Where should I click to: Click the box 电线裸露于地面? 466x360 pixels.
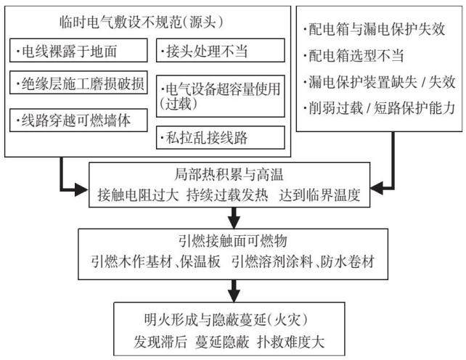(x=78, y=50)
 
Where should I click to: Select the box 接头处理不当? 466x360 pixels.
(x=220, y=50)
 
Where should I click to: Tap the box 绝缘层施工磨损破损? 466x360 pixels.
(x=78, y=82)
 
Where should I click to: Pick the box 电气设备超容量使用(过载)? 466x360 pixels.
(x=220, y=96)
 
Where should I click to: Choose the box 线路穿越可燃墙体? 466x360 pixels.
(x=78, y=120)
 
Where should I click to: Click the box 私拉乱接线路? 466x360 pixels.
(x=220, y=137)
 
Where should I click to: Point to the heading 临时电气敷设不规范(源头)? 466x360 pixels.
(x=141, y=22)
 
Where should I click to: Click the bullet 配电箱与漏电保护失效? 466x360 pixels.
(x=374, y=29)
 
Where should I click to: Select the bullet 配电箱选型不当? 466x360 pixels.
(x=353, y=55)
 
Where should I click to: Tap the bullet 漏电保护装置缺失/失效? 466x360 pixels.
(x=379, y=82)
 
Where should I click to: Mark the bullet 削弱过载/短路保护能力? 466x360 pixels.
(x=379, y=107)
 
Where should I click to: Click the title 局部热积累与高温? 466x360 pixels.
(x=229, y=174)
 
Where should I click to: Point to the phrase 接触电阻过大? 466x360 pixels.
(x=139, y=195)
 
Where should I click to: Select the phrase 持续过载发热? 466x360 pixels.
(x=227, y=195)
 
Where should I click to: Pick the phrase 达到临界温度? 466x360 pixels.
(x=319, y=195)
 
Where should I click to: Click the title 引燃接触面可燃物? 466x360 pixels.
(x=233, y=241)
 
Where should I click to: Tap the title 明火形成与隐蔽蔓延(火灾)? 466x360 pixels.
(x=226, y=319)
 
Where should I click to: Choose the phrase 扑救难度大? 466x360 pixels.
(x=290, y=342)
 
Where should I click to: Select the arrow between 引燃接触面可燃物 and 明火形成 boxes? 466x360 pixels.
(x=234, y=291)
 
